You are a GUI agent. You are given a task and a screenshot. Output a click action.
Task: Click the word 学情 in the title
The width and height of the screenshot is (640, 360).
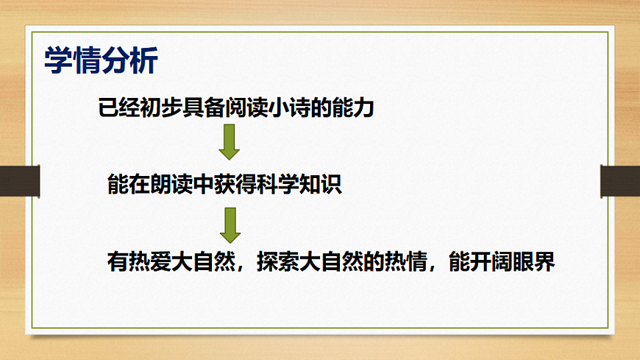73,61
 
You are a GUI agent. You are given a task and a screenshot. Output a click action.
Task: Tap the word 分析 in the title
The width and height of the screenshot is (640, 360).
130,61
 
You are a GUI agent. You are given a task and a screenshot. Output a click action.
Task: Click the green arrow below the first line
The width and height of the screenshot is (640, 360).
230,142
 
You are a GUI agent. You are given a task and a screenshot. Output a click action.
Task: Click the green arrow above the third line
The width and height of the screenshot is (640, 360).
230,225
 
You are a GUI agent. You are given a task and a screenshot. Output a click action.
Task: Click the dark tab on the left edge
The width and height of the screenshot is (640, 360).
19,181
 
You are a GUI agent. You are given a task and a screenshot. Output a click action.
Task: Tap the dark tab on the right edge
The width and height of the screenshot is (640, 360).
620,181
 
